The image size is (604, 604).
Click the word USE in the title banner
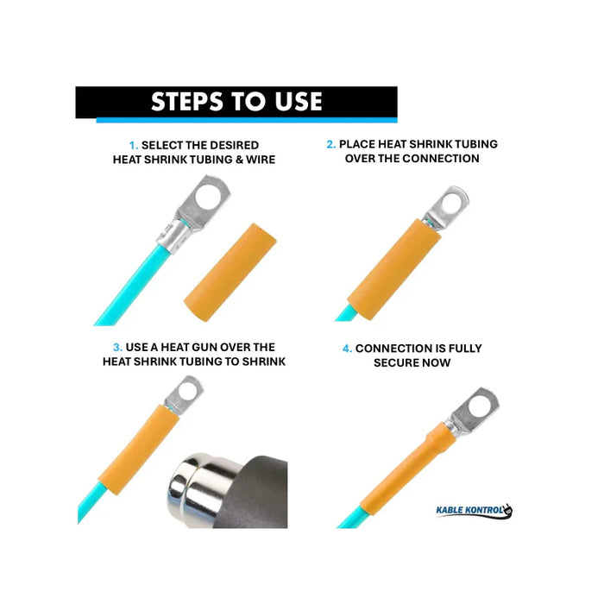(293, 102)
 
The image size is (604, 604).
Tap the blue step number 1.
(133, 146)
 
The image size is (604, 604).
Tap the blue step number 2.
(330, 144)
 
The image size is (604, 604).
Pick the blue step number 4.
(347, 349)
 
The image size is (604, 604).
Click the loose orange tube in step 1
(227, 268)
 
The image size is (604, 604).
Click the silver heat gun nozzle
(201, 483)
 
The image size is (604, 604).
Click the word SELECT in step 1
(162, 146)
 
